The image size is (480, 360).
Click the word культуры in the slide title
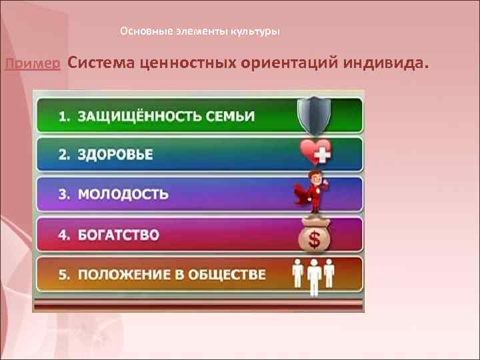point(255,31)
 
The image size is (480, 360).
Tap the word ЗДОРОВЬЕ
point(115,155)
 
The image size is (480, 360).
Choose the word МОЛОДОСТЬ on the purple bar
point(123,195)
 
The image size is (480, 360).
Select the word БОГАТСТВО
point(118,235)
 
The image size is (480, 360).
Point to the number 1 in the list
point(63,115)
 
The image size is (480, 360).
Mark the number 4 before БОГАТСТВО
point(63,235)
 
